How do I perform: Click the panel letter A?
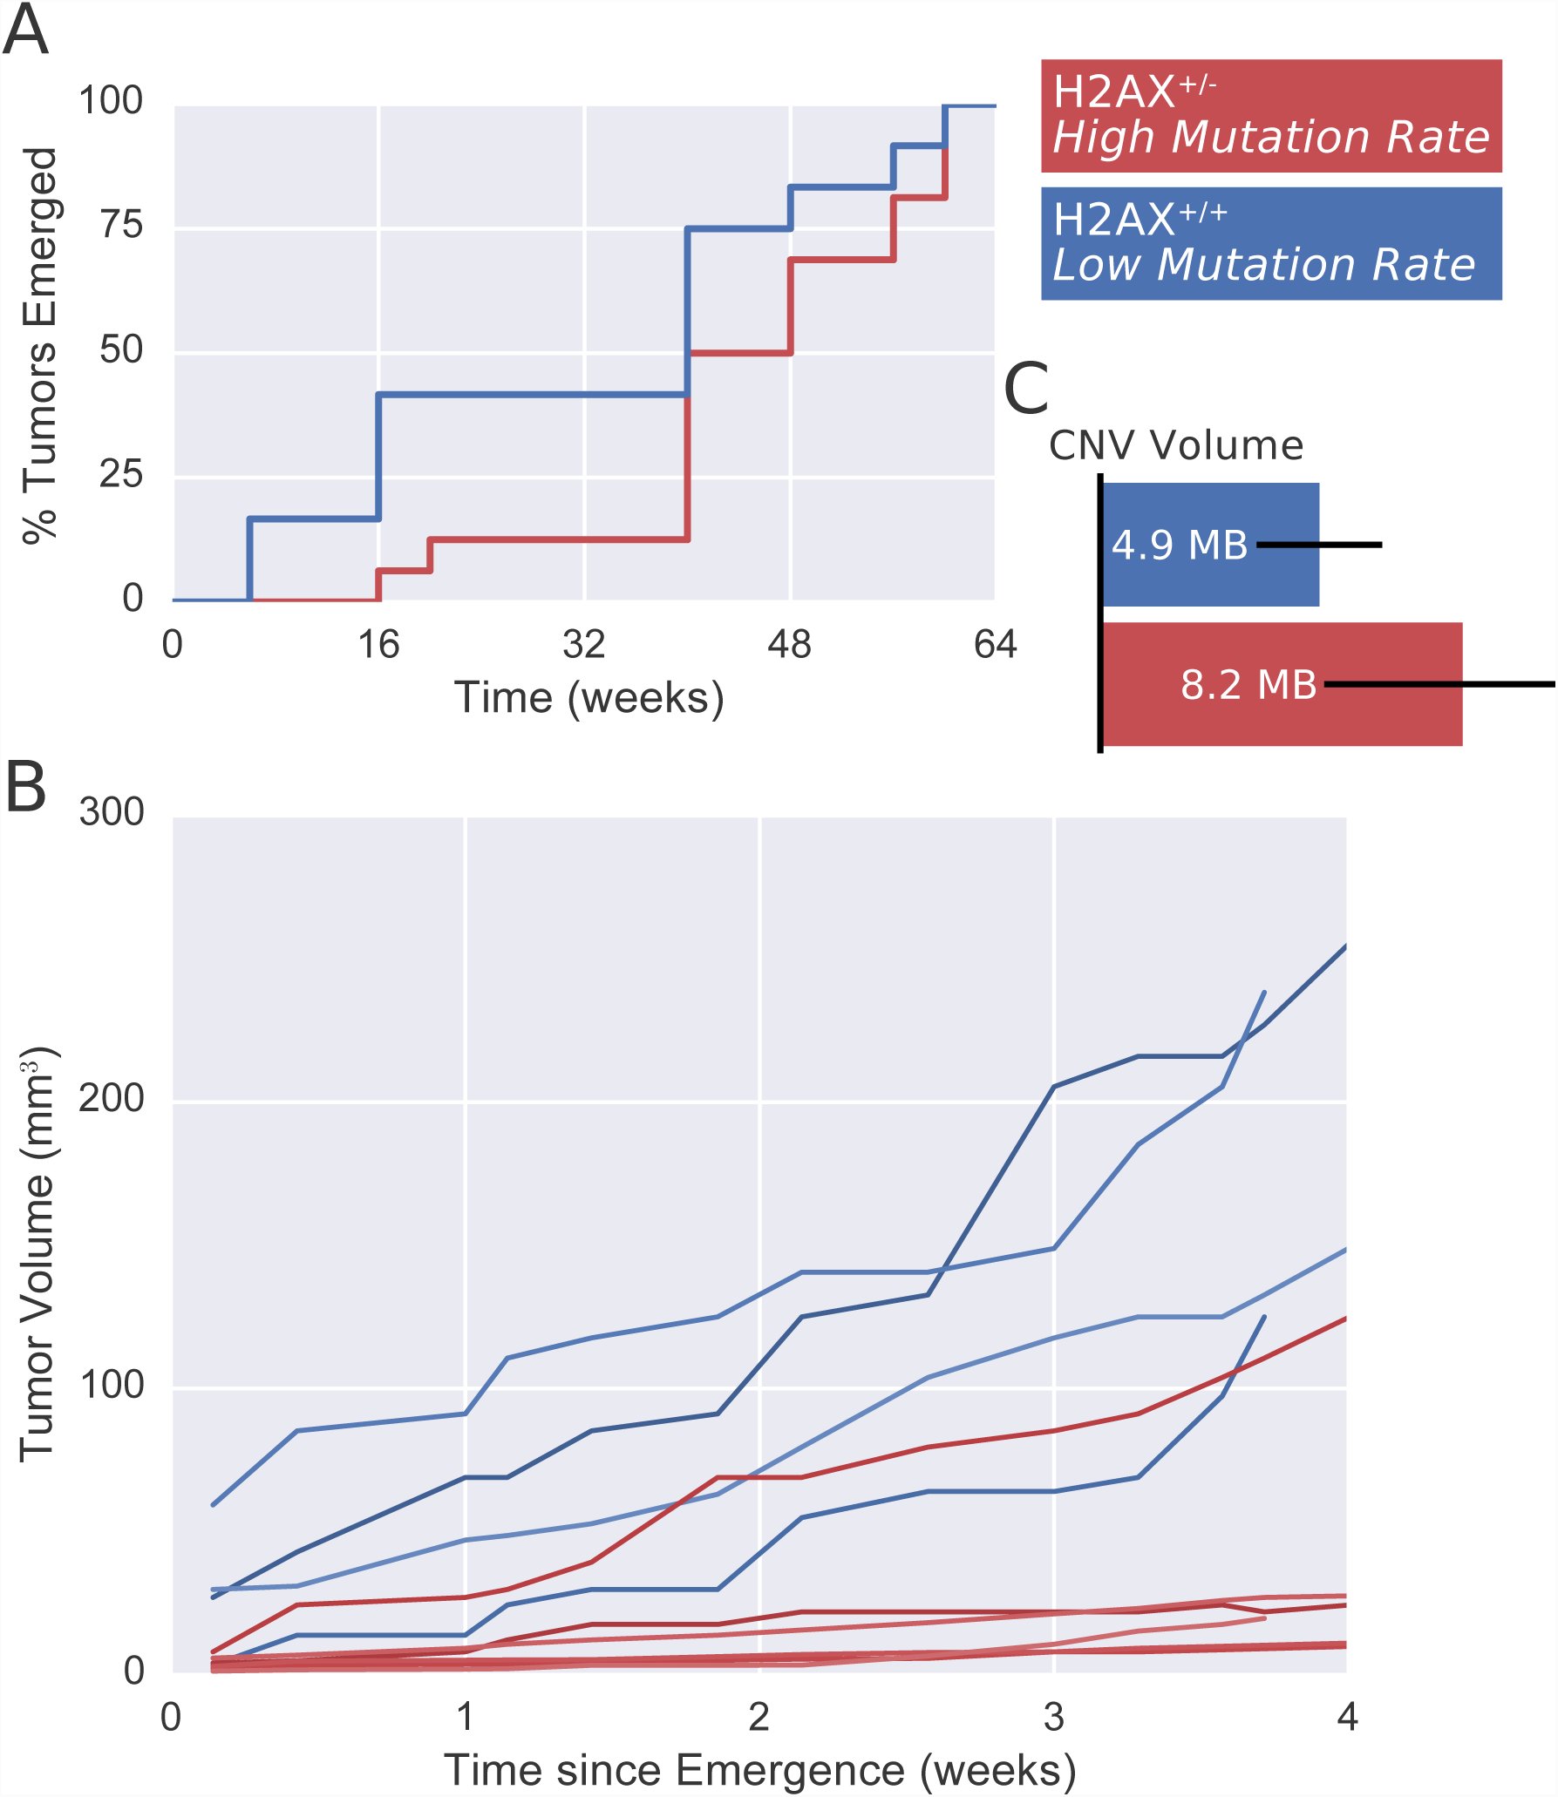click(25, 31)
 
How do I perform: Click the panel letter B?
click(26, 786)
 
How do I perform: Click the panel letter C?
click(1026, 390)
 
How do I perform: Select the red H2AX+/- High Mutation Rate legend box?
click(1271, 116)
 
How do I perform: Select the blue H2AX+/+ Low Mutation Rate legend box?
click(1271, 244)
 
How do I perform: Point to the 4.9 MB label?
click(1180, 546)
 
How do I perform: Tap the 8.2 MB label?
click(1248, 685)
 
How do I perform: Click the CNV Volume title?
click(1176, 445)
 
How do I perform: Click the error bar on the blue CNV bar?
click(1319, 545)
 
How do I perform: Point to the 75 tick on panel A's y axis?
click(121, 225)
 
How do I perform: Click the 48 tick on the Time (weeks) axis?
click(789, 645)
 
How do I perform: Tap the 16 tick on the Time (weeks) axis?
click(378, 645)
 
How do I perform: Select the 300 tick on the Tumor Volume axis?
click(112, 811)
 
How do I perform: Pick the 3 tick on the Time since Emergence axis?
click(1054, 1717)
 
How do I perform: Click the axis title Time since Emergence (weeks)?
click(760, 1771)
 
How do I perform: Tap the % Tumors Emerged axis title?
click(39, 346)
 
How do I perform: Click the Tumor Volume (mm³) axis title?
click(37, 1255)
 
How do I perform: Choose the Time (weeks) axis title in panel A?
click(589, 698)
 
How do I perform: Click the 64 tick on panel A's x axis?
click(996, 645)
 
